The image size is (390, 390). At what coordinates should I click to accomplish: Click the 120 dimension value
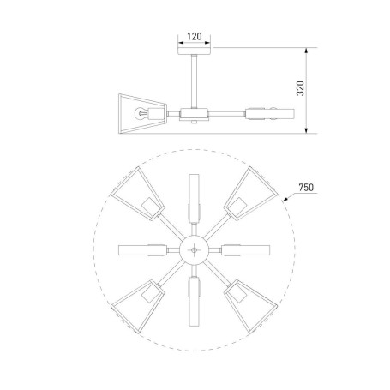click(x=195, y=38)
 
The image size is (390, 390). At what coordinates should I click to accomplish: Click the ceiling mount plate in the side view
click(x=195, y=53)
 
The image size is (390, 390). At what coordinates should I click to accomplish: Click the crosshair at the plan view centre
click(x=196, y=249)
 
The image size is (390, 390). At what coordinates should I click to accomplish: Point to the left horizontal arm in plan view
click(x=141, y=249)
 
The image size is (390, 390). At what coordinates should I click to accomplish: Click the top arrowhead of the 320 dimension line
click(x=305, y=52)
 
